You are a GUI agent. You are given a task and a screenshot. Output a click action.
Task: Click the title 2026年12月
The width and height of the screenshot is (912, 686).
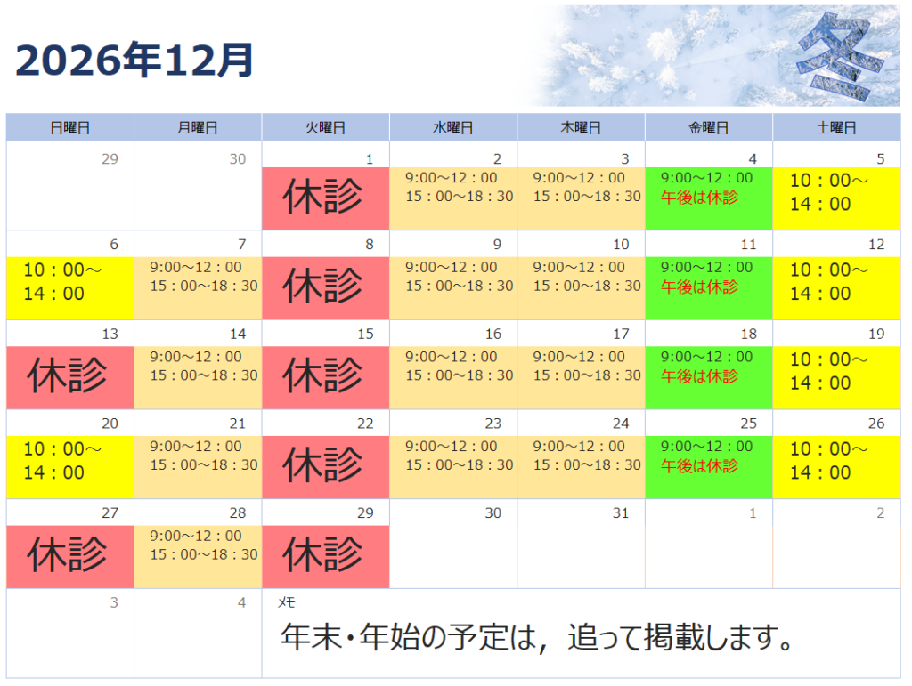pos(134,61)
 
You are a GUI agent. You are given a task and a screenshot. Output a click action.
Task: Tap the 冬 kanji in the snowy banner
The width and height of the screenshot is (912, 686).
pos(833,56)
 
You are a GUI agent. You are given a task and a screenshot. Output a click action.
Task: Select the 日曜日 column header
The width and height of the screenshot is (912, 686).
pos(69,128)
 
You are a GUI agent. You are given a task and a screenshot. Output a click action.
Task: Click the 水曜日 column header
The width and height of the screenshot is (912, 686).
pos(453,128)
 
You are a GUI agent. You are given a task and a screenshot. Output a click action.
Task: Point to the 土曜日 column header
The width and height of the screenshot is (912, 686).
pos(836,128)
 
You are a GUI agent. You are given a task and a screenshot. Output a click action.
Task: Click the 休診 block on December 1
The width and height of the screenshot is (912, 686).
pos(325,198)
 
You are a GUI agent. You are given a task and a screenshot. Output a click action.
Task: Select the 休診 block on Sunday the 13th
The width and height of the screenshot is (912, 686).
pos(69,377)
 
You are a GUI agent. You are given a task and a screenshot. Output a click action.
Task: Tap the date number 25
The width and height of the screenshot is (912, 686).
pos(748,424)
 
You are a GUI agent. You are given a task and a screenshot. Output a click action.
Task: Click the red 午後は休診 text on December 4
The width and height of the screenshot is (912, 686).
pos(699,198)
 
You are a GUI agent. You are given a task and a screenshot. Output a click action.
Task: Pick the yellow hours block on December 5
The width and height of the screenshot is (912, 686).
pos(836,198)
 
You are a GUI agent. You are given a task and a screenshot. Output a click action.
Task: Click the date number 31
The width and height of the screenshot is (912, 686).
pos(621,512)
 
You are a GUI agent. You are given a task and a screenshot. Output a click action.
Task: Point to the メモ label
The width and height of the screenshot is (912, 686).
pos(286,603)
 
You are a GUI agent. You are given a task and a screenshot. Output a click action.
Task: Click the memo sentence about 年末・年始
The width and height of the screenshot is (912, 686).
pos(536,637)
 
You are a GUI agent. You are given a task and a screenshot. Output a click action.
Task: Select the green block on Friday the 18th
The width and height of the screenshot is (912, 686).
pos(708,377)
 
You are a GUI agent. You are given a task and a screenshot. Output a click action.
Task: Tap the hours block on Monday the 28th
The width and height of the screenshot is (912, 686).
pos(198,556)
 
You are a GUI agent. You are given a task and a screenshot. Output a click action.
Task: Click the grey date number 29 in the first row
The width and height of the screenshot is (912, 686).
pos(110,159)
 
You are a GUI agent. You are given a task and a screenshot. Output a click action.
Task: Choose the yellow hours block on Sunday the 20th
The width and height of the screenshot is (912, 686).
pos(69,467)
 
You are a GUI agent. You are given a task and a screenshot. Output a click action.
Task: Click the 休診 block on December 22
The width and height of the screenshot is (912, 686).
pos(325,467)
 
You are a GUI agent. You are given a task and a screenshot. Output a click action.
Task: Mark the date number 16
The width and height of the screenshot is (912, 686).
pos(493,334)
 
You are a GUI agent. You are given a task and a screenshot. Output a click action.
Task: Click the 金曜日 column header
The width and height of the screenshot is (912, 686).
pos(708,128)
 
